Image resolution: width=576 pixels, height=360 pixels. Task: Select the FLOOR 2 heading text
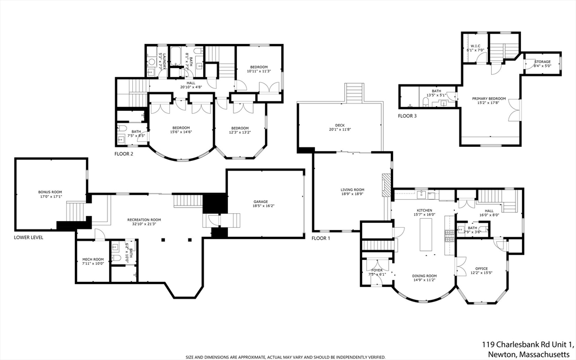coord(124,154)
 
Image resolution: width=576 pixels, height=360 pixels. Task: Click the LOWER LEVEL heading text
coord(28,237)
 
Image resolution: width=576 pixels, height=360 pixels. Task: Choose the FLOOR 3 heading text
coord(407,116)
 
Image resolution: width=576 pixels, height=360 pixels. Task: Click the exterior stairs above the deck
coord(354,92)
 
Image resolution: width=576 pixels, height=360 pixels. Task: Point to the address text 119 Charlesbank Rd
coord(526,344)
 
